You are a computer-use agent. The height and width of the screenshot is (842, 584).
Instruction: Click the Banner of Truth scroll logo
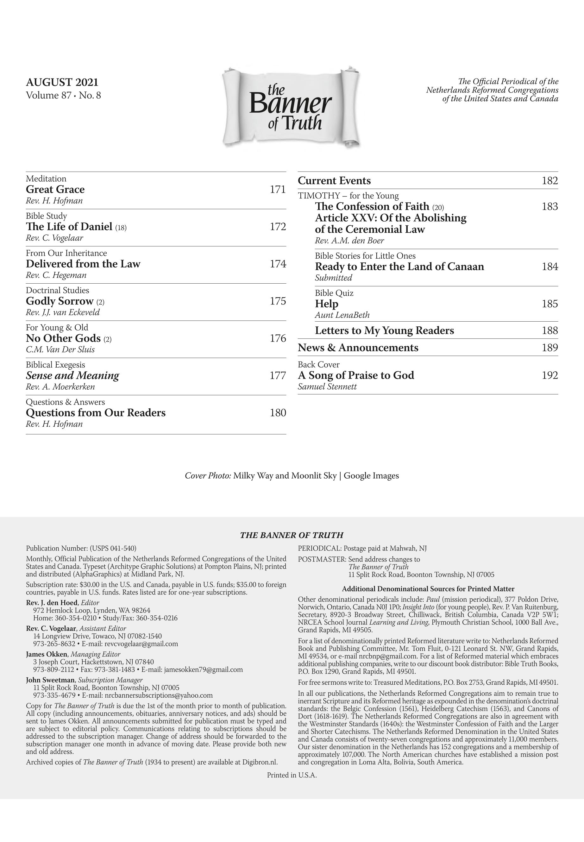[291, 107]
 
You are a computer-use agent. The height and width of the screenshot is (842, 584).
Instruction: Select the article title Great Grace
[55, 190]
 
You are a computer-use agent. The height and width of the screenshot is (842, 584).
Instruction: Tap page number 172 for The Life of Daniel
[278, 227]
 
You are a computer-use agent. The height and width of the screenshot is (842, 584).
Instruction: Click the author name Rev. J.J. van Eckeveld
[63, 312]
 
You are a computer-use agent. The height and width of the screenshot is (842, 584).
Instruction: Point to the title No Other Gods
[63, 338]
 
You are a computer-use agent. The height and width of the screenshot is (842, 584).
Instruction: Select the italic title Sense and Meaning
[72, 375]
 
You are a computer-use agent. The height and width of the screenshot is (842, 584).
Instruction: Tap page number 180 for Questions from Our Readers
[278, 413]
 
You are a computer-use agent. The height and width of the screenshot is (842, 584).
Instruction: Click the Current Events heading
[334, 181]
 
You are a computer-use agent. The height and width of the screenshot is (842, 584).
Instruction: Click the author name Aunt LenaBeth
[342, 315]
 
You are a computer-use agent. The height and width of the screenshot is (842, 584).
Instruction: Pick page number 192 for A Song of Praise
[549, 375]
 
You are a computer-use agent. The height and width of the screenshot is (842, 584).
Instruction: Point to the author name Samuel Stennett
[327, 387]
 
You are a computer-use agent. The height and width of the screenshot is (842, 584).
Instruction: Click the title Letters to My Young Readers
[384, 331]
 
